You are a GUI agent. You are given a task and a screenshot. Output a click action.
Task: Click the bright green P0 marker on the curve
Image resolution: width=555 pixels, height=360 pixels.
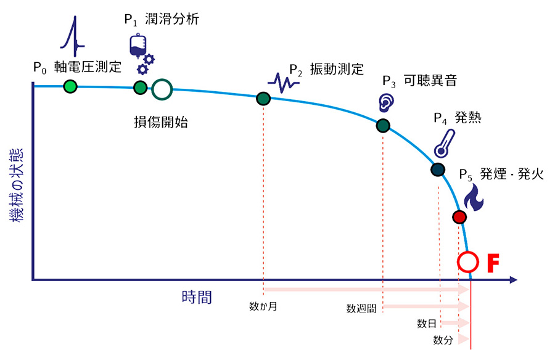click(x=70, y=86)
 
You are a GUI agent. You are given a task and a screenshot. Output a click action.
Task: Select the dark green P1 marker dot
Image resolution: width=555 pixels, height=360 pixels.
click(x=141, y=88)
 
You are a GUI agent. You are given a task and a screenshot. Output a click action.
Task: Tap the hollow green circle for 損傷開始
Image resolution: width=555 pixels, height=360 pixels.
click(x=162, y=89)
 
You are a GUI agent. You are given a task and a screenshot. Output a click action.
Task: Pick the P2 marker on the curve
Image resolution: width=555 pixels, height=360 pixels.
click(x=263, y=98)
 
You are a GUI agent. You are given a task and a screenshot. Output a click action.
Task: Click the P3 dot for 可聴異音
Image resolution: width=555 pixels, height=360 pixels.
click(x=383, y=126)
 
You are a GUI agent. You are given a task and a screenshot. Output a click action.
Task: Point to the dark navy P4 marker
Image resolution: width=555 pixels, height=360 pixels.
click(x=437, y=170)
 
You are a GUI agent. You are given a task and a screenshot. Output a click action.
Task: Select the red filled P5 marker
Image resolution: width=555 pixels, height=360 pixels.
click(x=459, y=217)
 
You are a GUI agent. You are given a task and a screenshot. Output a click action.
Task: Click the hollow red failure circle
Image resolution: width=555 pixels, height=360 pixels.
click(x=468, y=261)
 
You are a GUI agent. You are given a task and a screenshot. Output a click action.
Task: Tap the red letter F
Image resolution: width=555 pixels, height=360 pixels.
click(x=493, y=262)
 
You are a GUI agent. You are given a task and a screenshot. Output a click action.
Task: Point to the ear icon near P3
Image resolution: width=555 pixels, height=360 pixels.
click(x=385, y=101)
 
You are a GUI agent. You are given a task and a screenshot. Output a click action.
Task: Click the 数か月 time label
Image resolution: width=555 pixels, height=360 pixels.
click(x=263, y=306)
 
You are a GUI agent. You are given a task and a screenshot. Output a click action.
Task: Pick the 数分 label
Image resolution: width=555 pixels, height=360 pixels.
click(x=443, y=340)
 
